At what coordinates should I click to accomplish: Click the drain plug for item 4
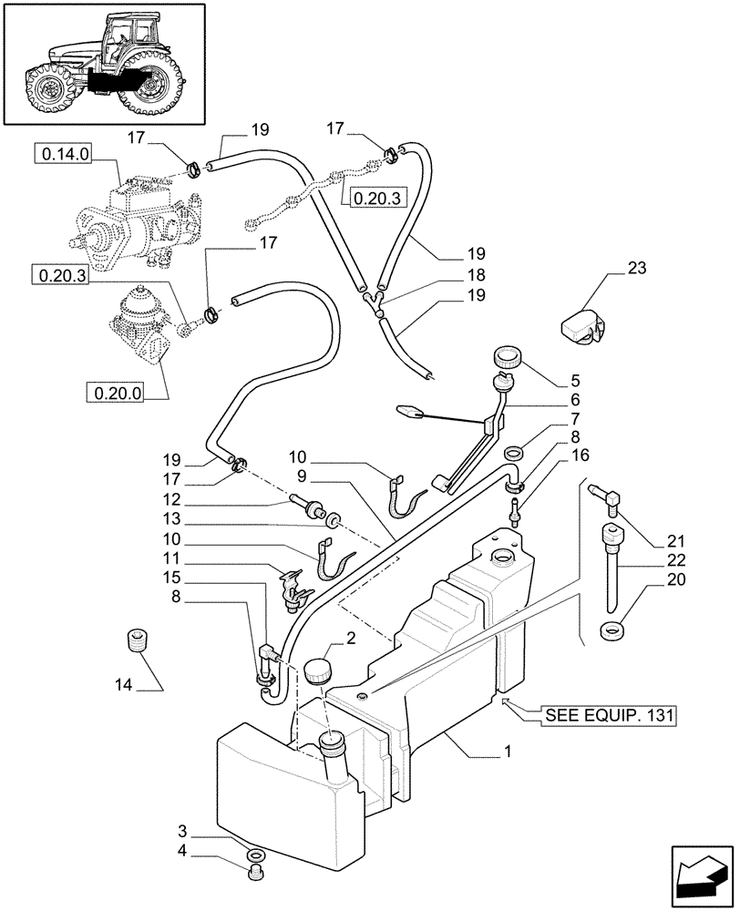[x=255, y=876]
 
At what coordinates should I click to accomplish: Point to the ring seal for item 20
[x=612, y=630]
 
